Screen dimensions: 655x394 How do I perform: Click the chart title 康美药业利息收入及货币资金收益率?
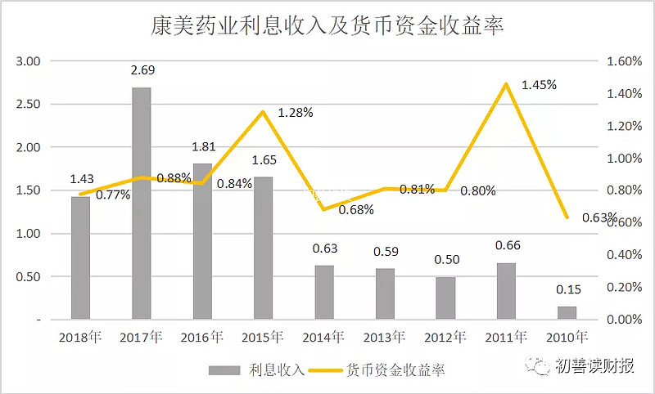pyautogui.click(x=327, y=26)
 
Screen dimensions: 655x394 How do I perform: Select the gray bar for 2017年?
pyautogui.click(x=141, y=204)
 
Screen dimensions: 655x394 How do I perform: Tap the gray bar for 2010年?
pyautogui.click(x=567, y=313)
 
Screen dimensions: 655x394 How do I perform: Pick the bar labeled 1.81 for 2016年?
pyautogui.click(x=202, y=241)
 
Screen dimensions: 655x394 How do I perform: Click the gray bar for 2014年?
pyautogui.click(x=324, y=293)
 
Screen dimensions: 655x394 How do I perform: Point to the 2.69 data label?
pyautogui.click(x=142, y=70)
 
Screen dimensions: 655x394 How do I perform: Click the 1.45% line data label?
pyautogui.click(x=539, y=85)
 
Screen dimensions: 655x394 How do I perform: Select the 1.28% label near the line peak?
pyautogui.click(x=296, y=113)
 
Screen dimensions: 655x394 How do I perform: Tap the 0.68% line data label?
pyautogui.click(x=356, y=210)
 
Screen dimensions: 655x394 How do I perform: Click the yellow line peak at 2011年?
pyautogui.click(x=506, y=84)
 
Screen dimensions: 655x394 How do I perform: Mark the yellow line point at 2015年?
pyautogui.click(x=263, y=112)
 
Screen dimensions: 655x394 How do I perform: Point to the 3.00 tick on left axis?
pyautogui.click(x=28, y=61)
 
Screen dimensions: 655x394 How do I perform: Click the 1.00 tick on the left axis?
pyautogui.click(x=28, y=234)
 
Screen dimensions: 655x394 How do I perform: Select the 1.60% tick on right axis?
pyautogui.click(x=624, y=61)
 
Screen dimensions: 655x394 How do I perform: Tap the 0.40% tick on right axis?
pyautogui.click(x=624, y=255)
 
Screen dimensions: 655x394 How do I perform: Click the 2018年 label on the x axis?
pyautogui.click(x=80, y=337)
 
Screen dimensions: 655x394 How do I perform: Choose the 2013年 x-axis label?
pyautogui.click(x=384, y=337)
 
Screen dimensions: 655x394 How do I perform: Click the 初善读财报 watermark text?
pyautogui.click(x=594, y=365)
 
